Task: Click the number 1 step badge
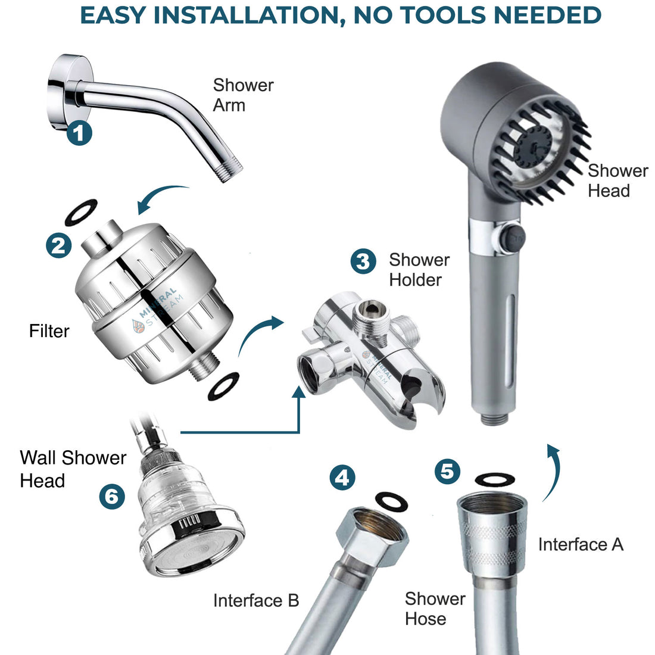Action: (79, 133)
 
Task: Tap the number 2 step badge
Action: (58, 245)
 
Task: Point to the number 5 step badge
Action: (447, 472)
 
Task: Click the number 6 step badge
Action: (111, 495)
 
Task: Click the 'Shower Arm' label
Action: (243, 95)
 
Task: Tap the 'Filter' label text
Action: (49, 331)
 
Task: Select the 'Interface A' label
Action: (580, 544)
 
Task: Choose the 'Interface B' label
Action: (256, 600)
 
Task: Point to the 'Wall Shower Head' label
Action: (73, 469)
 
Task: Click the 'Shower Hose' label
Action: (435, 609)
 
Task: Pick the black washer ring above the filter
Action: (80, 213)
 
